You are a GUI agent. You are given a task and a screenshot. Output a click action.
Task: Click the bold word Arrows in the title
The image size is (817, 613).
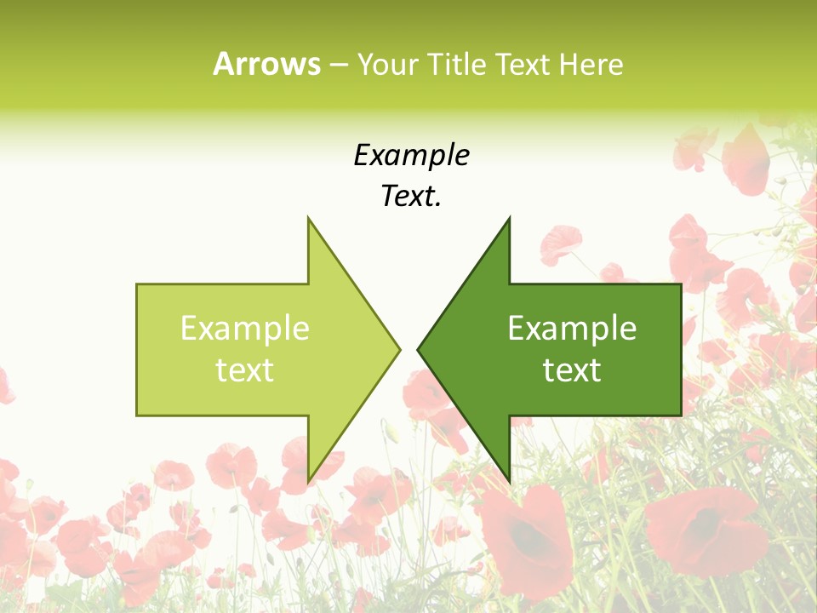coord(266,64)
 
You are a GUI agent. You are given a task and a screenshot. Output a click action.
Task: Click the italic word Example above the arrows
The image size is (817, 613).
coord(411,155)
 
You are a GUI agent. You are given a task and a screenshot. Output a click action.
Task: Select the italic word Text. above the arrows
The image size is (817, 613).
coord(411,197)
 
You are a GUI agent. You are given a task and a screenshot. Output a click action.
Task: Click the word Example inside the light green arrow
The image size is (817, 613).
coord(245,329)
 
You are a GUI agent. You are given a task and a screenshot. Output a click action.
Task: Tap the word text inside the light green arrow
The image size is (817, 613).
coord(245,370)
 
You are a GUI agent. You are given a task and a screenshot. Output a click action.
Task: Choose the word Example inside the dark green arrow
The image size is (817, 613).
coord(572,329)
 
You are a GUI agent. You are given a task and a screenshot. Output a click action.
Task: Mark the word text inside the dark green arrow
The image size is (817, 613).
coord(572,370)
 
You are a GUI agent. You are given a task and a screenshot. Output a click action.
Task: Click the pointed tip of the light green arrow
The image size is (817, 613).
coord(399,348)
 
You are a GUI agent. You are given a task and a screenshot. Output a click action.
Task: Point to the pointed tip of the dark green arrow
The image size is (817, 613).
coord(419,348)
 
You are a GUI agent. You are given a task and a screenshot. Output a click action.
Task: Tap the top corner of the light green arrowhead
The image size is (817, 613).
coord(308,219)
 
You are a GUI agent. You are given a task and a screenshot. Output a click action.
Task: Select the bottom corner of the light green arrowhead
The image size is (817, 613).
coord(308,481)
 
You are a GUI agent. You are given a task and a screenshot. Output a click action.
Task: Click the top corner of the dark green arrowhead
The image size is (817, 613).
coord(509,219)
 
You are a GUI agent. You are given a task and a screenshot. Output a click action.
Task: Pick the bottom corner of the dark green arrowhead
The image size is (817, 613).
coord(509,481)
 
